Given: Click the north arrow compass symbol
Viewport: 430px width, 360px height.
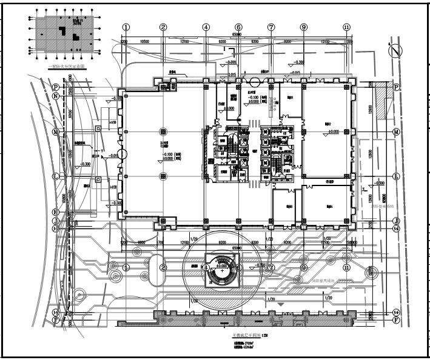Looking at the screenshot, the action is pos(396,51).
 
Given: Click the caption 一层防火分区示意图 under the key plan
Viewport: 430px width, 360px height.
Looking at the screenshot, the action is pos(67,68).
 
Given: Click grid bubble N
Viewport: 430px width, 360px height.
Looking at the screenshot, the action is pos(55,96).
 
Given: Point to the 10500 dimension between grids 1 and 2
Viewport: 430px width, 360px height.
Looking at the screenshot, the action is pos(144,42).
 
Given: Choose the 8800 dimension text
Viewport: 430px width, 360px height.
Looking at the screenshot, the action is pos(141,242).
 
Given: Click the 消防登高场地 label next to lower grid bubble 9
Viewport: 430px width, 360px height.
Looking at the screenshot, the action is pos(312,280).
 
